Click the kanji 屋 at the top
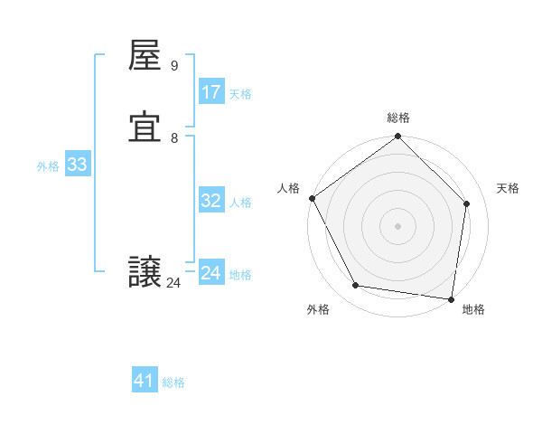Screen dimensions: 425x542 coord(146,57)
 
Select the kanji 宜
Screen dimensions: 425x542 coord(146,129)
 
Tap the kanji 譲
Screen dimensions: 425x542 coord(146,273)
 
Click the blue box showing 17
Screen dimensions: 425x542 coord(211,92)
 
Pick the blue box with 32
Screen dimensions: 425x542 coord(211,202)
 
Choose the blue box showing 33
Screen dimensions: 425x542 coord(77,165)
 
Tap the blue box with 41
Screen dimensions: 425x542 coord(145,381)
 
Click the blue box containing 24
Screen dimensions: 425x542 coord(211,273)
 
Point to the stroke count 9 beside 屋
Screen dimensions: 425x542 coord(174,66)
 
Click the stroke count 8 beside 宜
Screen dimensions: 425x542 coord(174,138)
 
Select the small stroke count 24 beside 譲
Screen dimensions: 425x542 coord(173,283)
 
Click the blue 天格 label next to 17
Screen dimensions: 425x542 coord(240,94)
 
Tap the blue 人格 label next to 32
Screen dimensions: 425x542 coord(240,203)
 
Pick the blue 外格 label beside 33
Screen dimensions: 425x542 coord(48,166)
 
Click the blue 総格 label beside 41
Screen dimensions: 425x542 coord(173,382)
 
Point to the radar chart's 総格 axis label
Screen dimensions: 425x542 coord(398,118)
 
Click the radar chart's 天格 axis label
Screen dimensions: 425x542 coord(509,188)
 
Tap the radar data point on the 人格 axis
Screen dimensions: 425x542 coord(313,198)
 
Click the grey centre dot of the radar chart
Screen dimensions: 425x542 coord(398,225)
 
